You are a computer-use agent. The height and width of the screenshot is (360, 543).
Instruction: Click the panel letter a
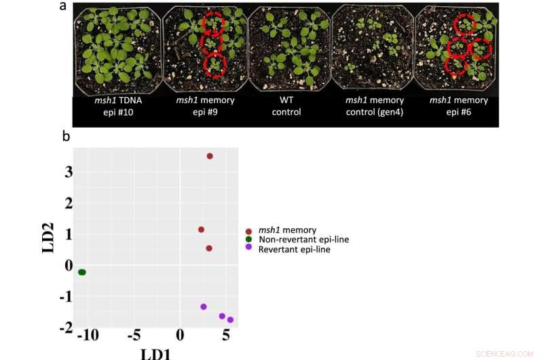[x=63, y=7]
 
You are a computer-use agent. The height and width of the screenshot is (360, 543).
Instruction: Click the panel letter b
[x=66, y=136]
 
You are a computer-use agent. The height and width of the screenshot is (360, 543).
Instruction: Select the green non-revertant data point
[x=82, y=272]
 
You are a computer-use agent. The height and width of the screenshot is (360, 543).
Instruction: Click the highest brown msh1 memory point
[x=210, y=156]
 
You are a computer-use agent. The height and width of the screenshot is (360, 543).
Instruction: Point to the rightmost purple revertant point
[x=230, y=320]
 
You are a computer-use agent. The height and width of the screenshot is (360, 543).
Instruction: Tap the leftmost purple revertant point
[x=204, y=307]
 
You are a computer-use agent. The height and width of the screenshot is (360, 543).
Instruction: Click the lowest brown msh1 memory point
[x=209, y=249]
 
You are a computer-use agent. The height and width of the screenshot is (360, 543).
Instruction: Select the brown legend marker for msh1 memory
[x=249, y=231]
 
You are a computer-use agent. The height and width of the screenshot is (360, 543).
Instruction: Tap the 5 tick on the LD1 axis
[x=226, y=336]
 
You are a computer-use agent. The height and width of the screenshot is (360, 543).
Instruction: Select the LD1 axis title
[x=155, y=353]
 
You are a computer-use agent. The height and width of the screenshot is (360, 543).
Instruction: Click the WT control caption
[x=286, y=106]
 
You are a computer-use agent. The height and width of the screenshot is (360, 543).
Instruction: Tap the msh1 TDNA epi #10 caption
[x=118, y=106]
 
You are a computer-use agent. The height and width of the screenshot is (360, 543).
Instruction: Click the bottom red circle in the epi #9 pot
[x=216, y=67]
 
